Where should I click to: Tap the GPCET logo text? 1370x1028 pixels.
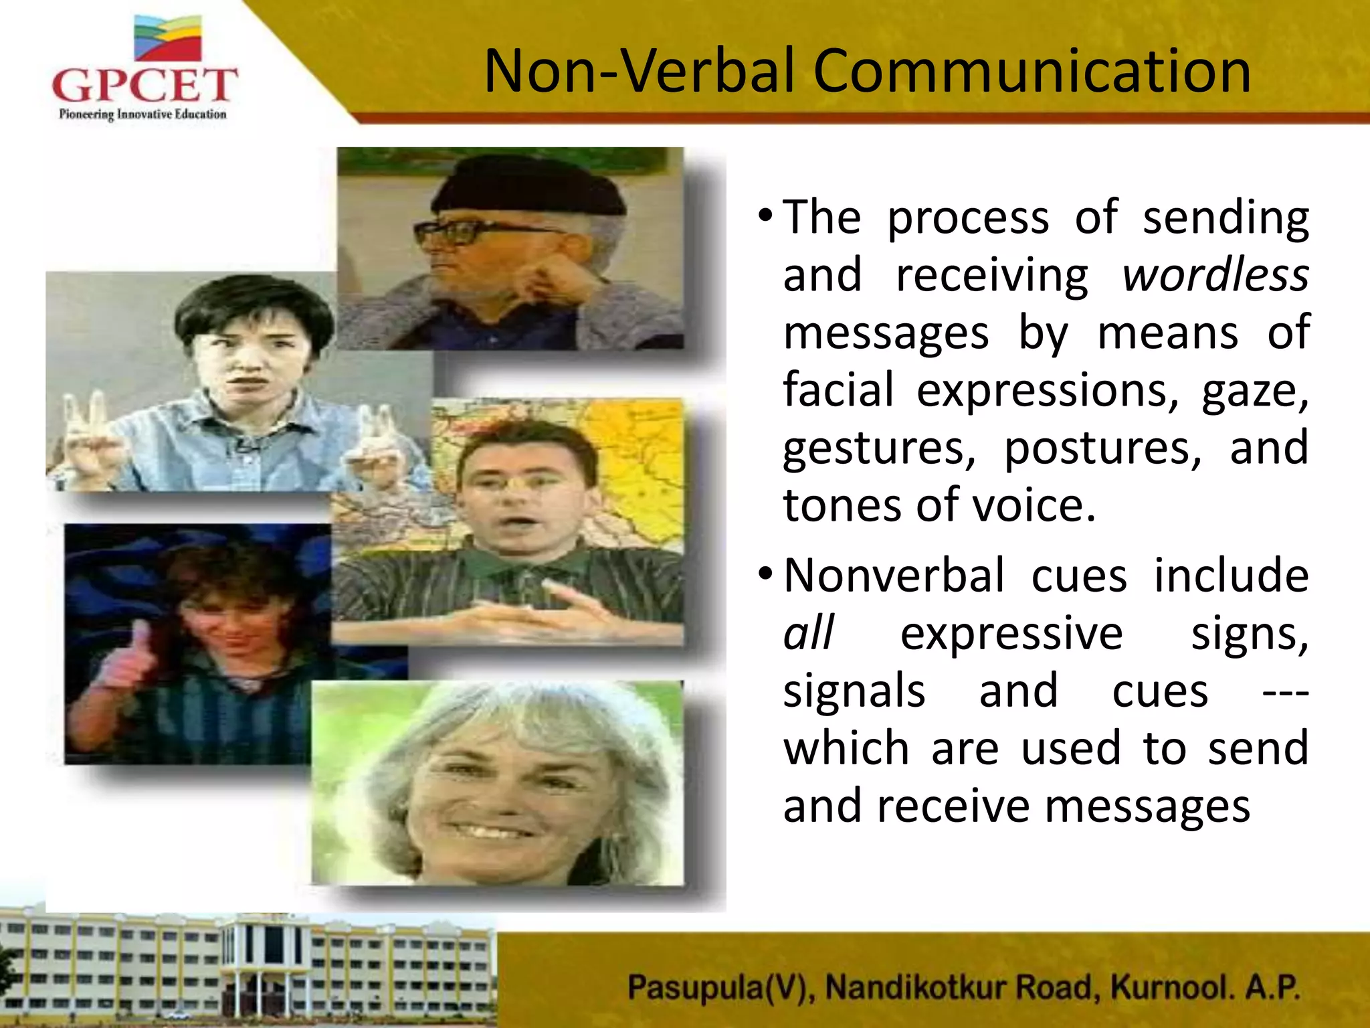144,86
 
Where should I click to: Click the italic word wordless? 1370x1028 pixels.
1215,276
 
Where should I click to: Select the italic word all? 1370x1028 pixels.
809,633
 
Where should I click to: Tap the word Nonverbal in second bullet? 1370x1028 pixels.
894,576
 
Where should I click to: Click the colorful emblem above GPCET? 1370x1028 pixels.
167,38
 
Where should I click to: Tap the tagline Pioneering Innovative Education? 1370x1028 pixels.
142,114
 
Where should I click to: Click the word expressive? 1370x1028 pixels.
1011,633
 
